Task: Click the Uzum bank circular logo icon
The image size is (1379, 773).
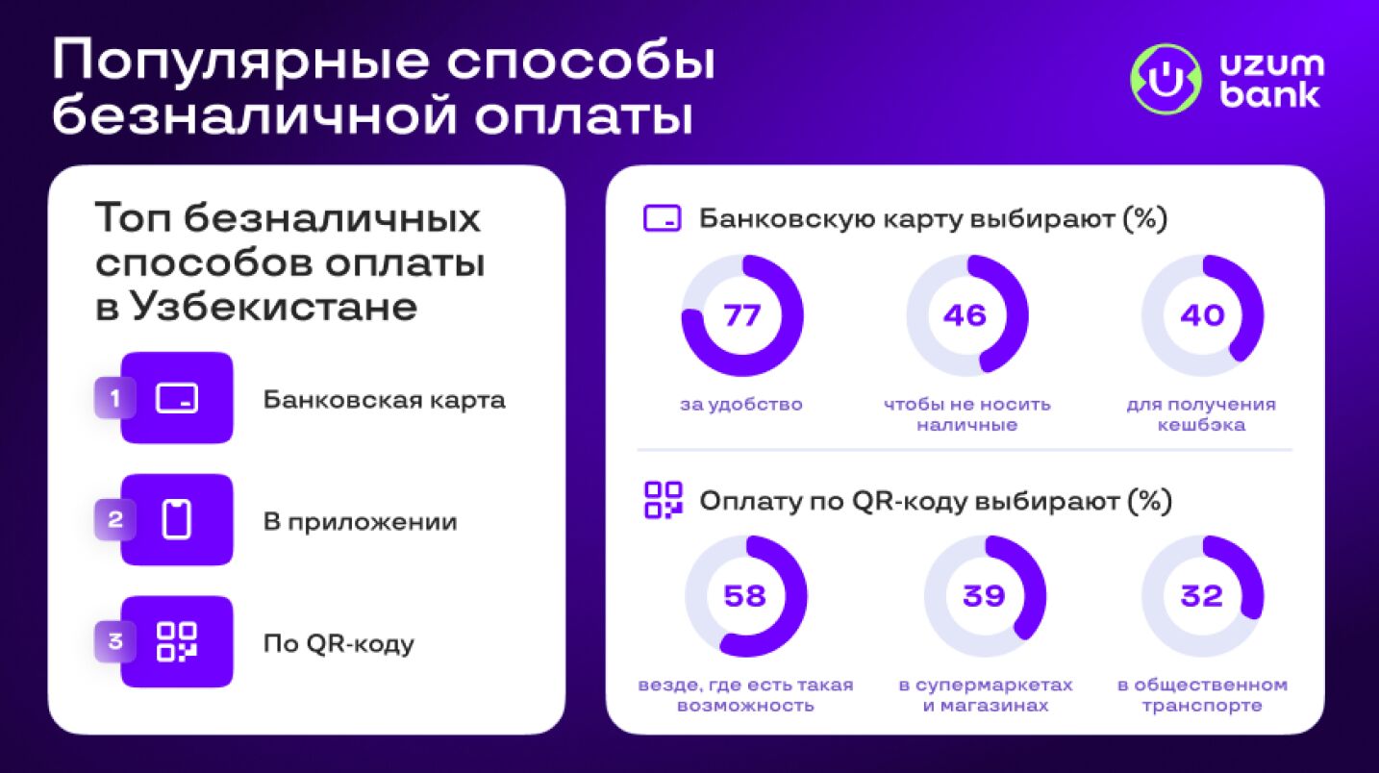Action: pyautogui.click(x=1166, y=79)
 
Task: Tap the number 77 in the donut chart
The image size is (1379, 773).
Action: pyautogui.click(x=742, y=315)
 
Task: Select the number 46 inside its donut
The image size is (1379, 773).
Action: pyautogui.click(x=965, y=315)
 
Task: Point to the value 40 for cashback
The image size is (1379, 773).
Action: pyautogui.click(x=1202, y=315)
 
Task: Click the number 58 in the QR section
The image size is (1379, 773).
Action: pyautogui.click(x=745, y=596)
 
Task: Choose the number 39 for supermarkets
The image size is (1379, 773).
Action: pyautogui.click(x=984, y=596)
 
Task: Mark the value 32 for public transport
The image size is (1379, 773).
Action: pyautogui.click(x=1202, y=596)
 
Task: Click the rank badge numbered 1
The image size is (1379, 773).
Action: pyautogui.click(x=114, y=398)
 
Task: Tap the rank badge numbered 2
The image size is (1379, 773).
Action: pyautogui.click(x=114, y=520)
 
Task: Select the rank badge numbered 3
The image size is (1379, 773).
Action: pyautogui.click(x=114, y=641)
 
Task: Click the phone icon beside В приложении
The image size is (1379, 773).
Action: pyautogui.click(x=177, y=520)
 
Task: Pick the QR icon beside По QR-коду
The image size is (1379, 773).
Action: pyautogui.click(x=177, y=642)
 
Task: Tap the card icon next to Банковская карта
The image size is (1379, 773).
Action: pyautogui.click(x=177, y=398)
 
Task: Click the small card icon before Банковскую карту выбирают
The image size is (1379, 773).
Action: pyautogui.click(x=662, y=218)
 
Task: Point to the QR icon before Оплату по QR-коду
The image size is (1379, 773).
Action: pyautogui.click(x=663, y=500)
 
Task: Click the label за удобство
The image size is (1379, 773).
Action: pyautogui.click(x=741, y=405)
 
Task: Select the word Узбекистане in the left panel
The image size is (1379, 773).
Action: pyautogui.click(x=275, y=307)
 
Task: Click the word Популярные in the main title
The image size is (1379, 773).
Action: pyautogui.click(x=240, y=62)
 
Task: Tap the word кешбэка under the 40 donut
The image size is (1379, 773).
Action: pyautogui.click(x=1202, y=425)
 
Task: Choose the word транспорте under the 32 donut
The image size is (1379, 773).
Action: pyautogui.click(x=1202, y=706)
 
